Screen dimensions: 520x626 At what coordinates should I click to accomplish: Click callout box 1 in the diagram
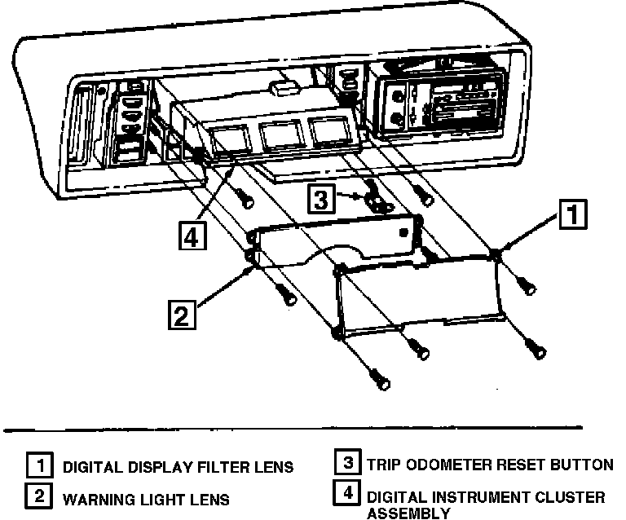tap(572, 215)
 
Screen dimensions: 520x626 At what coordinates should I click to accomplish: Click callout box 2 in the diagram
tap(182, 314)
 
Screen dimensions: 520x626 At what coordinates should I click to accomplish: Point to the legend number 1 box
tap(37, 467)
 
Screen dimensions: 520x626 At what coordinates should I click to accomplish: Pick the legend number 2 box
tap(37, 496)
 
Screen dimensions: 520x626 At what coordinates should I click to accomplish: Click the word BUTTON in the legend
tap(581, 465)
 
